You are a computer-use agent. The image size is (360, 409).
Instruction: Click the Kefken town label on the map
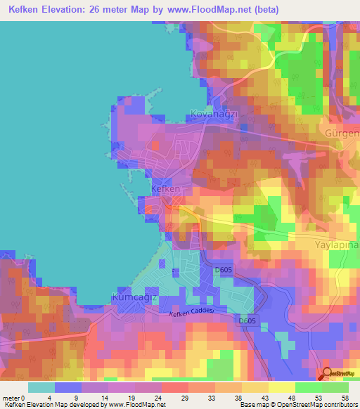(167, 189)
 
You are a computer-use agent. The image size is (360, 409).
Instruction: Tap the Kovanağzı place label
(216, 113)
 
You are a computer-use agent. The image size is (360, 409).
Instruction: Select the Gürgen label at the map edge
(342, 133)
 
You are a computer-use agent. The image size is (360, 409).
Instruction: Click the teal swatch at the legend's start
(41, 387)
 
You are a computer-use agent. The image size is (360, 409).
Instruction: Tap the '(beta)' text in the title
(266, 10)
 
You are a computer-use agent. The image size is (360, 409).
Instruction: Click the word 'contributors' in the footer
(342, 405)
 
